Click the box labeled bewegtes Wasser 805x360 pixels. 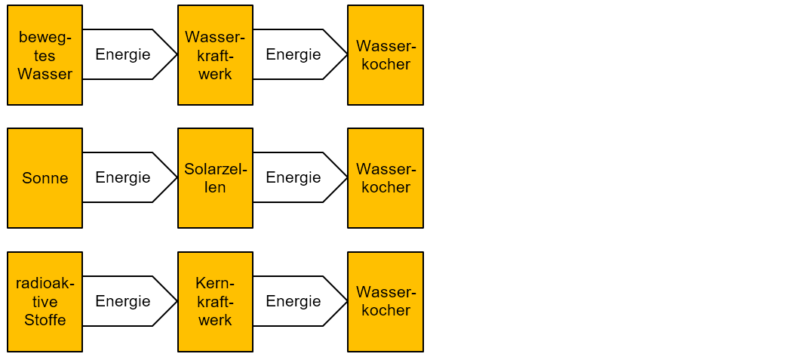[x=45, y=55]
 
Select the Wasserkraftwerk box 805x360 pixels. [x=215, y=55]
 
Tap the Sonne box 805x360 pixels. [x=45, y=178]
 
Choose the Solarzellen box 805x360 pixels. [x=215, y=178]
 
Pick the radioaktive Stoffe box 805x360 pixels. [x=45, y=302]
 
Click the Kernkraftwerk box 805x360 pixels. [x=215, y=302]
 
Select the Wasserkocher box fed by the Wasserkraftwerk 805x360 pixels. [x=386, y=55]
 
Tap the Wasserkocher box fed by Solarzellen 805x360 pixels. [x=386, y=178]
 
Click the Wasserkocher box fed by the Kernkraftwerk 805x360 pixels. [x=386, y=302]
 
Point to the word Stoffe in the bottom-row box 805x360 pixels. [x=45, y=320]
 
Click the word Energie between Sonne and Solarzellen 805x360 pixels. [x=123, y=178]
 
